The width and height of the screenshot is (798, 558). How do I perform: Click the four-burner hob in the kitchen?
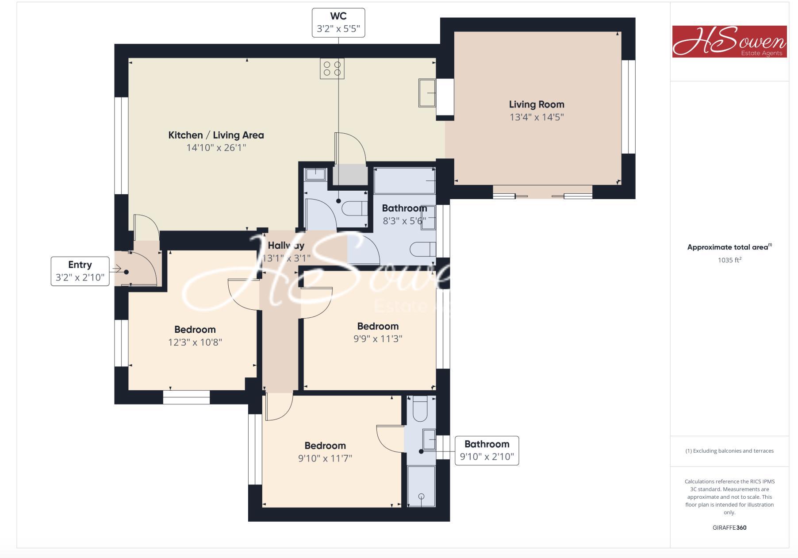[x=332, y=69]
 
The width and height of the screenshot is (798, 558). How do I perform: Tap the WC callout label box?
[x=338, y=23]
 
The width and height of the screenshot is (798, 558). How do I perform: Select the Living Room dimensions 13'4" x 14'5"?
[x=537, y=117]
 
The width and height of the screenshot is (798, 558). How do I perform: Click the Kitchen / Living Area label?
[x=216, y=135]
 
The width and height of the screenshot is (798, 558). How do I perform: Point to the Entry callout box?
[x=80, y=271]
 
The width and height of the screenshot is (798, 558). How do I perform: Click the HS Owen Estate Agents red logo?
[x=729, y=41]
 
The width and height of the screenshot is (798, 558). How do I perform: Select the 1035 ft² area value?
[x=729, y=260]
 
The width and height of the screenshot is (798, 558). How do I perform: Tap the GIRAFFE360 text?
[x=729, y=527]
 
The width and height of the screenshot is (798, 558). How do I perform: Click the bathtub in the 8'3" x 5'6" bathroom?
[x=404, y=181]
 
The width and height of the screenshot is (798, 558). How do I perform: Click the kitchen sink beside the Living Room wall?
[x=427, y=93]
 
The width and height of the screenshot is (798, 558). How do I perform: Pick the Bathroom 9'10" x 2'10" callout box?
[x=487, y=450]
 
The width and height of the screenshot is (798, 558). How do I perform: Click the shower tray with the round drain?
[x=421, y=487]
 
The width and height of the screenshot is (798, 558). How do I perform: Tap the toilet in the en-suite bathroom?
[x=420, y=410]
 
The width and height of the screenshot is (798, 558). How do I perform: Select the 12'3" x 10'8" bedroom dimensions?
[x=195, y=342]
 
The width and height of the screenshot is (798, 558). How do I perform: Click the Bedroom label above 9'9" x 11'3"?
[x=378, y=326]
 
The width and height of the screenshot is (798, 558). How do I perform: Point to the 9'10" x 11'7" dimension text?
[x=325, y=458]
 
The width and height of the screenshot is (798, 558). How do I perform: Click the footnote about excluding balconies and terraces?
[x=729, y=451]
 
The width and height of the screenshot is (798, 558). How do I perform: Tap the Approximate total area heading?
[x=729, y=247]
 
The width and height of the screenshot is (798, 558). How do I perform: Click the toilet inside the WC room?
[x=355, y=208]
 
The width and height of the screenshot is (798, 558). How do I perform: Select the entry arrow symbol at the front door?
[x=117, y=268]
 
